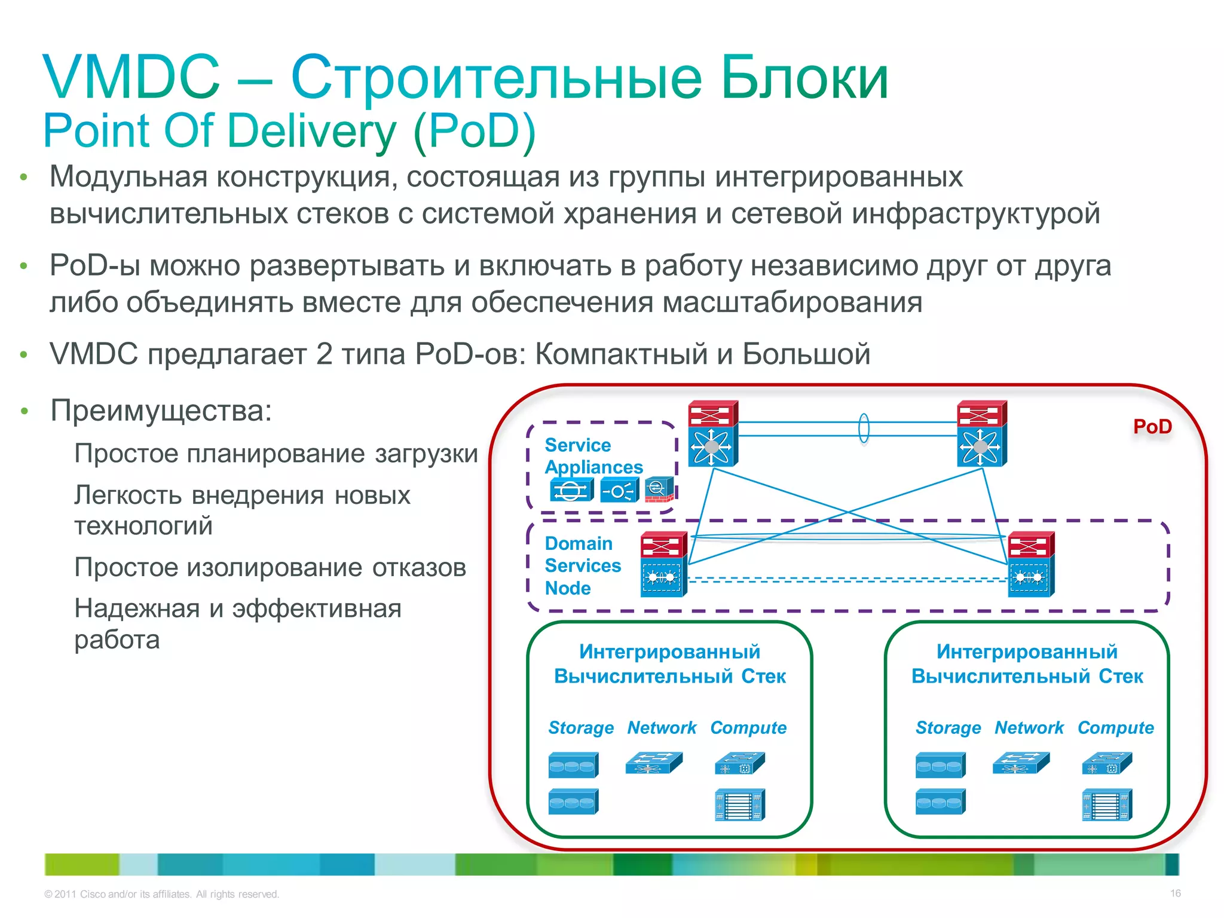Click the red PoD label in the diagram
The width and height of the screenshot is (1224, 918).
coord(1152,427)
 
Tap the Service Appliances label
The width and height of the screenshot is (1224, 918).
coord(593,455)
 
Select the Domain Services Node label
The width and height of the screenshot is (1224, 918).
coord(582,565)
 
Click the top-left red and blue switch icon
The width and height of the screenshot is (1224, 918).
coord(712,433)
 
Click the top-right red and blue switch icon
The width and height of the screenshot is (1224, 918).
coord(981,433)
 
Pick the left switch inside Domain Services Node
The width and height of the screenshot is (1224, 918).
coord(663,564)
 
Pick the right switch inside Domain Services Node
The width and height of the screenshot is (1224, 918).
coord(1030,564)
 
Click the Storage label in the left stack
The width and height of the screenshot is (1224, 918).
coord(581,727)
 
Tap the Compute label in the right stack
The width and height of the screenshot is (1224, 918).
coord(1115,727)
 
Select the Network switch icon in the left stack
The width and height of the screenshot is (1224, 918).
coord(653,763)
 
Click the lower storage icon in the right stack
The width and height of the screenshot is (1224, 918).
coord(940,801)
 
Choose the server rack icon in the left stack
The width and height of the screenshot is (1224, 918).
coord(739,804)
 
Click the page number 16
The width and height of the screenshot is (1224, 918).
coord(1175,893)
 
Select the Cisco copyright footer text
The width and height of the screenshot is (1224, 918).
coord(161,894)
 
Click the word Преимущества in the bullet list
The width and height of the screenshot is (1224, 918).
coord(161,411)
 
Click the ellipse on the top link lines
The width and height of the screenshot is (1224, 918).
coord(864,429)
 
